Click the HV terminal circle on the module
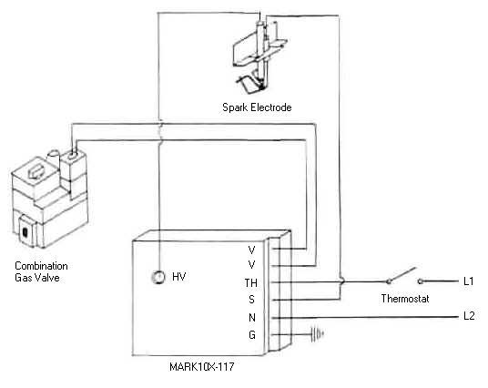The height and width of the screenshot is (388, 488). tap(158, 277)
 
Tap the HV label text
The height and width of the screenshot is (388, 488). tap(179, 277)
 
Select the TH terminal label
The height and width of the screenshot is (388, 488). tap(251, 282)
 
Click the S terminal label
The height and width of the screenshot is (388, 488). tap(251, 300)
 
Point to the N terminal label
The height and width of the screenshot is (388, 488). tap(252, 318)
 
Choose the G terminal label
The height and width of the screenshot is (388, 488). tap(252, 335)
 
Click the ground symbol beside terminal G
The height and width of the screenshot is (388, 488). tap(318, 334)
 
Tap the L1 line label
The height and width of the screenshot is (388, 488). tap(468, 281)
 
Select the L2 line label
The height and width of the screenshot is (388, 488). tap(469, 316)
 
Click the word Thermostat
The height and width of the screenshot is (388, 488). tap(405, 299)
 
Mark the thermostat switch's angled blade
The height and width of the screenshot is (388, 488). tap(402, 274)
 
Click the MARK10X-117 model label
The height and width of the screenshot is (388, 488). tap(202, 366)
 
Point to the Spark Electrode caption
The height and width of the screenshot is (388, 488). tap(257, 107)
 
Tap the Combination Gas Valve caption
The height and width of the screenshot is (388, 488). tap(41, 271)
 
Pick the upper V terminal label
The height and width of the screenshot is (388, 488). tap(252, 250)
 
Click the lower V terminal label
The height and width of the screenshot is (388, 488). tap(252, 265)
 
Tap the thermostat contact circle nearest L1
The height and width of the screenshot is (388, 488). tap(420, 281)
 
